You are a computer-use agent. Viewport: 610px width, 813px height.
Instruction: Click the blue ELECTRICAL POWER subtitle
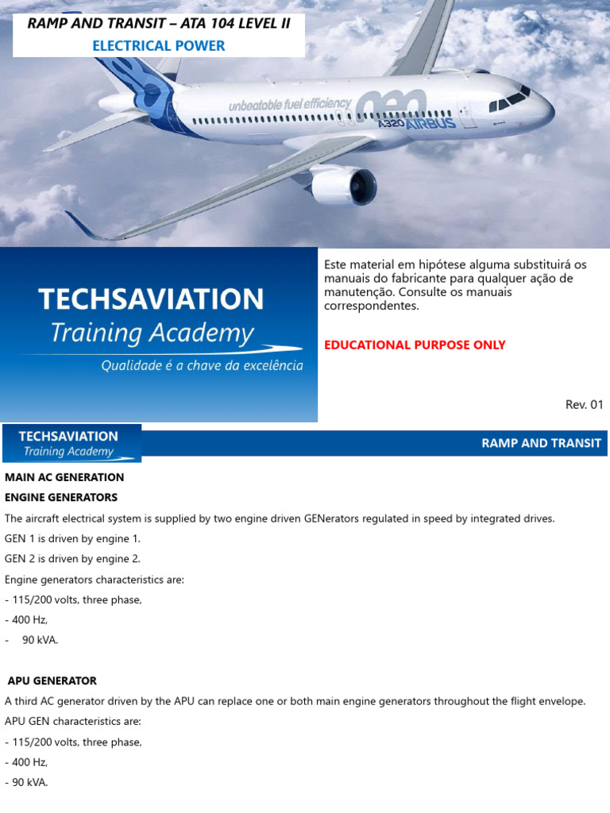[159, 46]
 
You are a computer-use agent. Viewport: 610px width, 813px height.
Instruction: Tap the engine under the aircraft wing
[345, 186]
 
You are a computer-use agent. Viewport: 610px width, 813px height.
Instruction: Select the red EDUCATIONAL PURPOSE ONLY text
[415, 345]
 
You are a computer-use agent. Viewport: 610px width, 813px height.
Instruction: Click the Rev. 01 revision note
[584, 405]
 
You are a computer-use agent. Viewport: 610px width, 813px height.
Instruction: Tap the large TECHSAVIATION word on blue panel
[151, 299]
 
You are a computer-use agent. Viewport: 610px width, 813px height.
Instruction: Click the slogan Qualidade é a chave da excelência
[201, 366]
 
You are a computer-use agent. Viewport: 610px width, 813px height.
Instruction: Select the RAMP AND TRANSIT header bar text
[541, 443]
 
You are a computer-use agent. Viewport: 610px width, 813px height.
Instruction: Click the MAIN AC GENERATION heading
[64, 477]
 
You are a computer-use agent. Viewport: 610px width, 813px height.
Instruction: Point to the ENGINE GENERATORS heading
[61, 497]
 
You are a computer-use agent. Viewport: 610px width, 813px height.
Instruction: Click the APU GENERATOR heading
[52, 680]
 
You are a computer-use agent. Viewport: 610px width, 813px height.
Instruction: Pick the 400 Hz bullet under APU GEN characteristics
[27, 762]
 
